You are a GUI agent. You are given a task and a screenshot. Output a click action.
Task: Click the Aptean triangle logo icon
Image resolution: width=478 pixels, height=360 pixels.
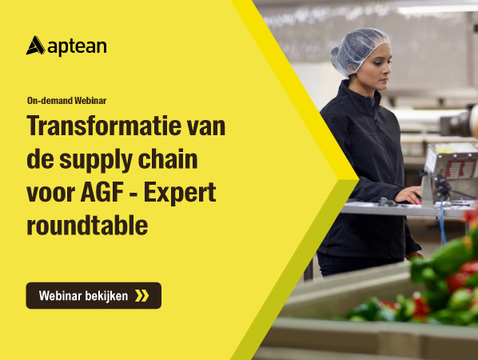(x=36, y=46)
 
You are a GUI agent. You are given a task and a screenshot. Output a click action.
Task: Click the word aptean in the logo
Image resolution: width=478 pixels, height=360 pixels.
(x=77, y=47)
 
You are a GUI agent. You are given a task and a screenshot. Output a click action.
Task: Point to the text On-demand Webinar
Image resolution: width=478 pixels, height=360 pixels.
(x=67, y=100)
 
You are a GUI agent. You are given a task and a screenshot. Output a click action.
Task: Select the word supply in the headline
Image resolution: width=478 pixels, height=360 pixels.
(x=96, y=160)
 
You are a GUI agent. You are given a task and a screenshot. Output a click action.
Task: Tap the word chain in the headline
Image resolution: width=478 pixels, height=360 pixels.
(x=168, y=158)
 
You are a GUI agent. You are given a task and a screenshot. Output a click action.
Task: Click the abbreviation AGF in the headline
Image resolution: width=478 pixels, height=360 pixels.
(x=102, y=192)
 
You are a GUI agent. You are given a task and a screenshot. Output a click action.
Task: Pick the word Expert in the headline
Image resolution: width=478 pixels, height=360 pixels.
(x=180, y=194)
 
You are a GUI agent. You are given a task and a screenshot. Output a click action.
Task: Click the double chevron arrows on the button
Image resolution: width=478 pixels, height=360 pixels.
(x=141, y=296)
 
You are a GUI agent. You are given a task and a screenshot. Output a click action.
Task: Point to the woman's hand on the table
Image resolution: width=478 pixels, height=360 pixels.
(x=408, y=195)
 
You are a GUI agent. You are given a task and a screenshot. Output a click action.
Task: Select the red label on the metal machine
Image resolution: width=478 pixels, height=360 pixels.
(x=460, y=169)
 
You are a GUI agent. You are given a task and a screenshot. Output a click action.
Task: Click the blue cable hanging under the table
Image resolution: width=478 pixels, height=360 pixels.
(x=442, y=220)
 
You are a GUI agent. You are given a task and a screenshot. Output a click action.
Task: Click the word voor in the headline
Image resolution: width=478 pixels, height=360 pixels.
(x=50, y=193)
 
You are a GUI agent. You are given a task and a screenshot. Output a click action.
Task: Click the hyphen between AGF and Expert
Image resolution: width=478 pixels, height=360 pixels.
(x=133, y=194)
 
